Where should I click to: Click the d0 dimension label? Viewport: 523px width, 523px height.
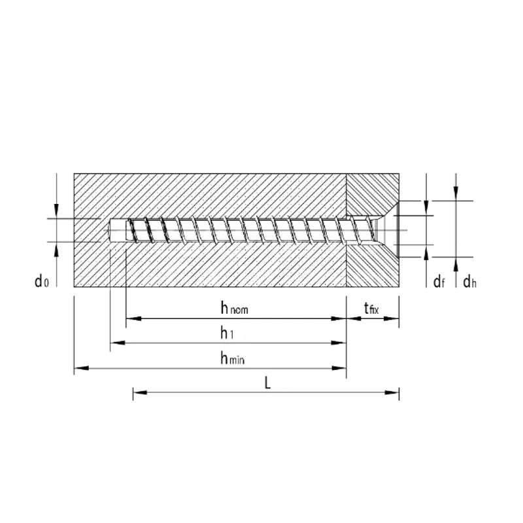pos(42,281)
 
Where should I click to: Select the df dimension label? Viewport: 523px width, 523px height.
pos(439,282)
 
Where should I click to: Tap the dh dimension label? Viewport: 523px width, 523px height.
pos(469,282)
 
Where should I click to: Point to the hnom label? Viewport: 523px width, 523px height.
pos(234,307)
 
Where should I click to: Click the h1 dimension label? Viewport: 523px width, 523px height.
pos(227,333)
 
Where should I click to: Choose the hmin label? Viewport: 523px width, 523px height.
pos(233,358)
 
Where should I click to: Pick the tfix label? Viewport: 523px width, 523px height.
pos(371,308)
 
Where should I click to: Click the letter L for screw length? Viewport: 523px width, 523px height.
pos(267,382)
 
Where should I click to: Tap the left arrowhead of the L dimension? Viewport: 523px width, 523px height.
pos(140,392)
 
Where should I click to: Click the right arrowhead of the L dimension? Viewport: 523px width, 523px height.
pos(392,392)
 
